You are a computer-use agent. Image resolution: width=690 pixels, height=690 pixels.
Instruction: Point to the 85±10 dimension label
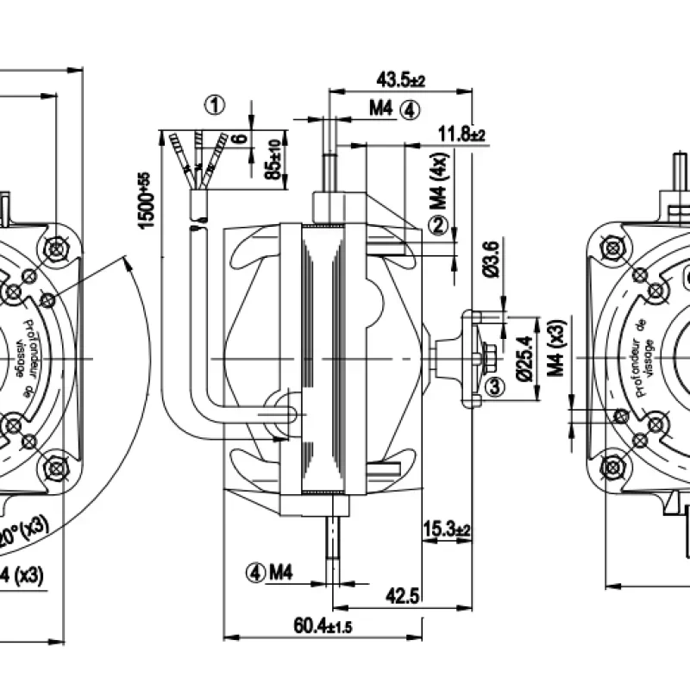275,159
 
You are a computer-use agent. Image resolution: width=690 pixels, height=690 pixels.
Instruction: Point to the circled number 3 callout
493,387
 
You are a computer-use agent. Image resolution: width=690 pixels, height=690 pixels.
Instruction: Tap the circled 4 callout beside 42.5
254,570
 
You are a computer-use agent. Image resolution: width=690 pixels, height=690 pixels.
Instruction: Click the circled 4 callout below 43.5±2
411,110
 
